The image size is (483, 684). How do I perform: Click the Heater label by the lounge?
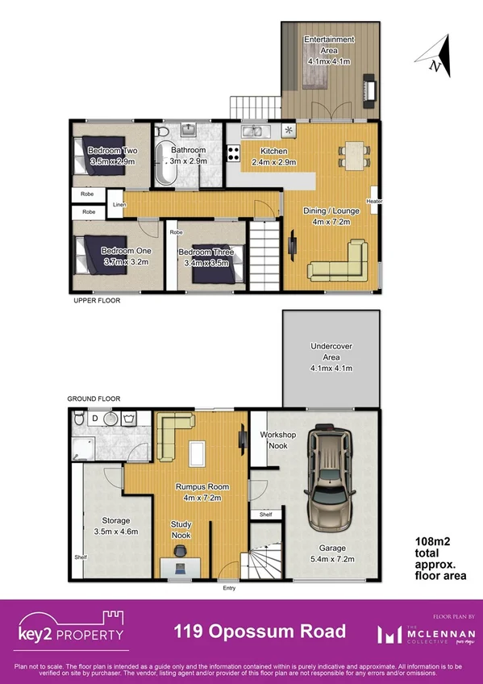click(373, 202)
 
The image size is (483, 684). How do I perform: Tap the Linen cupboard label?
click(119, 206)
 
